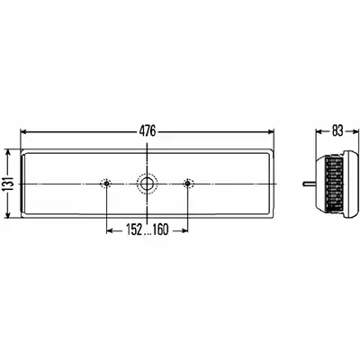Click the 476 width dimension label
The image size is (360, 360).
pos(148,131)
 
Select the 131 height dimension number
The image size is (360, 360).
pos(10,184)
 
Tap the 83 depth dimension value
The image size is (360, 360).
pos(337,131)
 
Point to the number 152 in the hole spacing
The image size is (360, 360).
pos(134,230)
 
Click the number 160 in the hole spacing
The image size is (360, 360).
pos(160,230)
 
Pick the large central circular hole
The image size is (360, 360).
pos(147,184)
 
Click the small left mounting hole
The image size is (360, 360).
pos(106,184)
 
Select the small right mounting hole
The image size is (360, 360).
pos(187,184)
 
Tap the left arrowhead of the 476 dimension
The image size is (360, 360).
pos(24,131)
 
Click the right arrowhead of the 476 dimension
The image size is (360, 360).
pos(271,131)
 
